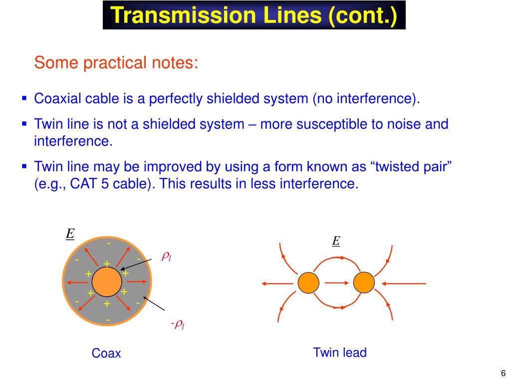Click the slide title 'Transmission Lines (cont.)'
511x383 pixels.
tap(254, 15)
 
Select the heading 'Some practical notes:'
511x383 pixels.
tap(116, 63)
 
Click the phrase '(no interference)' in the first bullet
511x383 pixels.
tap(366, 98)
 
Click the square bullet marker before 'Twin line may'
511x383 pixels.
tap(24, 165)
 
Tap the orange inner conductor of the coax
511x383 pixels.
tap(107, 282)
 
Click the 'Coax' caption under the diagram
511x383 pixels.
tap(106, 354)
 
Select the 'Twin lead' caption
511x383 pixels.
tap(340, 353)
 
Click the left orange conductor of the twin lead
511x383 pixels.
tap(308, 283)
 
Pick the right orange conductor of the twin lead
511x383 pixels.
tap(364, 283)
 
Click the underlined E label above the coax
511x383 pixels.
tap(70, 234)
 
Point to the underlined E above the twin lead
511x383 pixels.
tap(336, 241)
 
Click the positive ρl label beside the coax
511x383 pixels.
tap(166, 256)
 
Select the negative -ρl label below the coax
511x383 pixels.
tap(177, 325)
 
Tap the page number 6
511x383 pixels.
tap(503, 374)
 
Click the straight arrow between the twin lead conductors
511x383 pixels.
tap(336, 283)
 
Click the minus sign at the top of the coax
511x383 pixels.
tap(108, 243)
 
